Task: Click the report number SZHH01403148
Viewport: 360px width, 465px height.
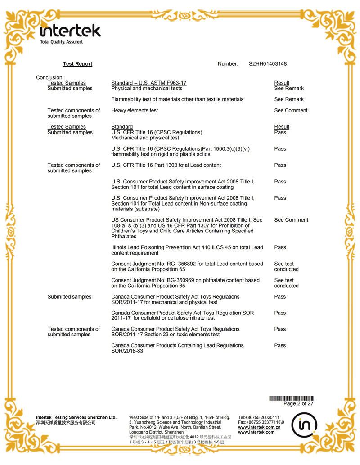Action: coord(267,64)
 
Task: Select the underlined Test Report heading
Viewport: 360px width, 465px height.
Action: coord(77,64)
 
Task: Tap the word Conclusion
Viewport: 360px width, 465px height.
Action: coord(50,77)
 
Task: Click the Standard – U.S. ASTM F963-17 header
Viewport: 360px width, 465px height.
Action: coord(148,83)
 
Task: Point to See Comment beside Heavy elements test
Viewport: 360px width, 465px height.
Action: coord(291,110)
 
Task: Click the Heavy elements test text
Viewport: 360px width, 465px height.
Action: coord(135,110)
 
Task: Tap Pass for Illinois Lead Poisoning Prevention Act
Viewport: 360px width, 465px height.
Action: coord(280,247)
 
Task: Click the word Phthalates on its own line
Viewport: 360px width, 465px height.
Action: coord(124,237)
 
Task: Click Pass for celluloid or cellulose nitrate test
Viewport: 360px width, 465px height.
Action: coord(280,313)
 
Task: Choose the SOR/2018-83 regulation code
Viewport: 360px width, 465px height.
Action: coord(127,351)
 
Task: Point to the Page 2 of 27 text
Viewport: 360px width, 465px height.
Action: coord(298,404)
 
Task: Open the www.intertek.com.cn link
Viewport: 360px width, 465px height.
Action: coord(259,427)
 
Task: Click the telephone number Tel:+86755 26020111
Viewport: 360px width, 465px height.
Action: coord(259,417)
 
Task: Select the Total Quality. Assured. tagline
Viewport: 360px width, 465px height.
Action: coord(62,42)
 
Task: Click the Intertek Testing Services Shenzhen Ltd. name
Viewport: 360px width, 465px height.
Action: coord(76,417)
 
